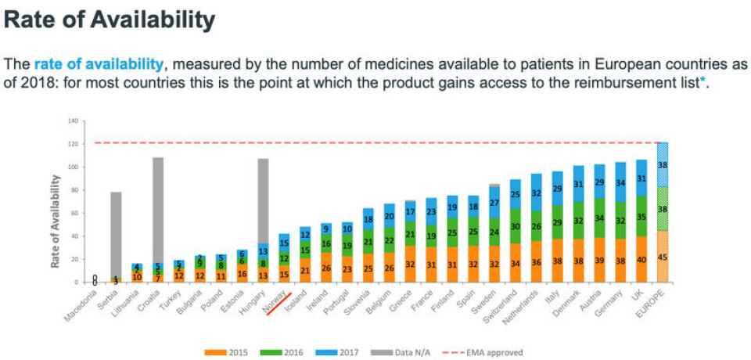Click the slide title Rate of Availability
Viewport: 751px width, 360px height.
[x=110, y=20]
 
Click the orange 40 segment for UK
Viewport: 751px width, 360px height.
[x=642, y=259]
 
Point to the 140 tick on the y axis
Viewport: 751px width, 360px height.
[x=74, y=121]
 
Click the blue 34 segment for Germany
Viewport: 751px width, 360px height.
[x=621, y=182]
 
